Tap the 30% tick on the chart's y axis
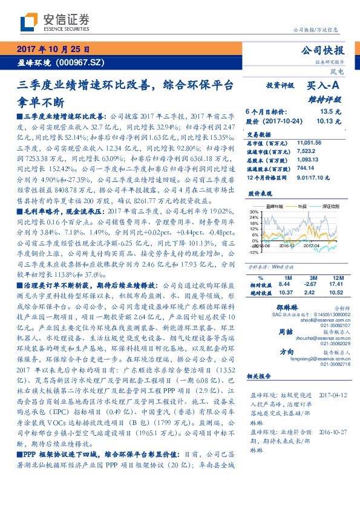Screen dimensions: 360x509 point(254,212)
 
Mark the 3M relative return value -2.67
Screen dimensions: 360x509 point(310,284)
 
